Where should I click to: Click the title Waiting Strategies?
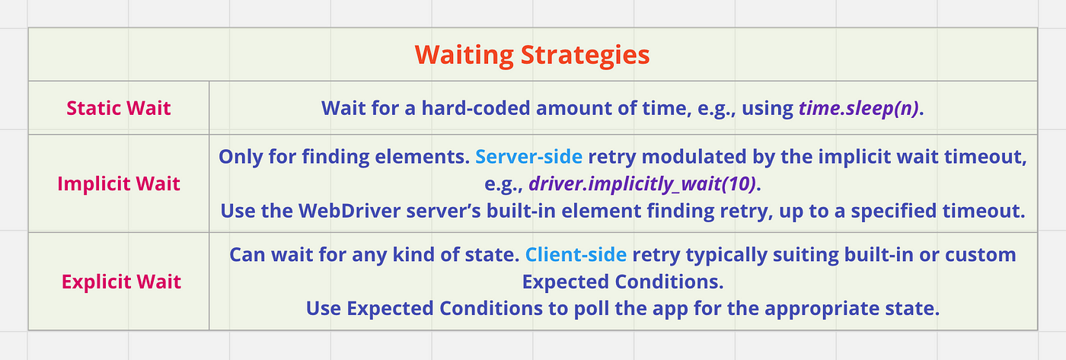point(532,55)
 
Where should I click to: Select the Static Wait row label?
point(119,108)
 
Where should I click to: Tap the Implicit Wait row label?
point(119,183)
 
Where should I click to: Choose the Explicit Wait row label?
point(121,282)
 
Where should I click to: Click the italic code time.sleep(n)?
point(859,108)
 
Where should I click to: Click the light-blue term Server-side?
point(528,157)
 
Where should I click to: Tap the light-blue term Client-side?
point(576,254)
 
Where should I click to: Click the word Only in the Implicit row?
point(241,158)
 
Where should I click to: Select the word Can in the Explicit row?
point(247,255)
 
